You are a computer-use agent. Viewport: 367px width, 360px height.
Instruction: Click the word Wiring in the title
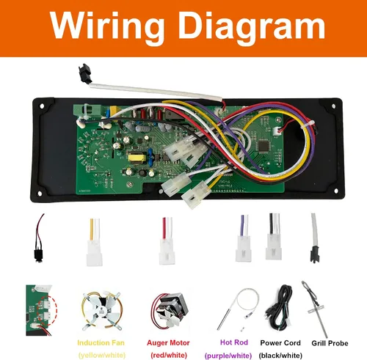tap(107, 26)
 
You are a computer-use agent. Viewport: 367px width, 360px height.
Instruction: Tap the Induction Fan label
tap(101, 343)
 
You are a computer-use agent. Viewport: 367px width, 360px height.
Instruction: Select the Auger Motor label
tap(168, 343)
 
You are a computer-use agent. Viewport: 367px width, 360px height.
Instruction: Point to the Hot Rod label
tap(234, 342)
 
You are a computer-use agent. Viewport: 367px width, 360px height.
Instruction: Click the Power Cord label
tap(280, 343)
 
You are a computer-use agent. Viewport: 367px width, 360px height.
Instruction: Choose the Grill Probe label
tap(330, 343)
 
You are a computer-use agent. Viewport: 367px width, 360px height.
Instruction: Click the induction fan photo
tap(101, 310)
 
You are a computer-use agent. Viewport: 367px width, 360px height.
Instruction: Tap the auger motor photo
tap(170, 311)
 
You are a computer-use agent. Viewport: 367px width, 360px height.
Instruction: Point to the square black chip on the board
tap(264, 146)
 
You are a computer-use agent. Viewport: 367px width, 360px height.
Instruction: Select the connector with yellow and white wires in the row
tap(95, 242)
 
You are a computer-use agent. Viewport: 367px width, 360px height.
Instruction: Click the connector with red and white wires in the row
tap(167, 241)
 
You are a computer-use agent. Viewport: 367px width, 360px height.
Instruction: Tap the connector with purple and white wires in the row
tap(244, 238)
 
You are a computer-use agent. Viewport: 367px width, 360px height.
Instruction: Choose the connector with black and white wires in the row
tap(274, 237)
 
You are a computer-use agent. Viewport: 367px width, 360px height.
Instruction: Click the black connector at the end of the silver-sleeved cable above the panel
tap(85, 73)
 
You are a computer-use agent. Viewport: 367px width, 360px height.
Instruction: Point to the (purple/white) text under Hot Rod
tap(228, 355)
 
